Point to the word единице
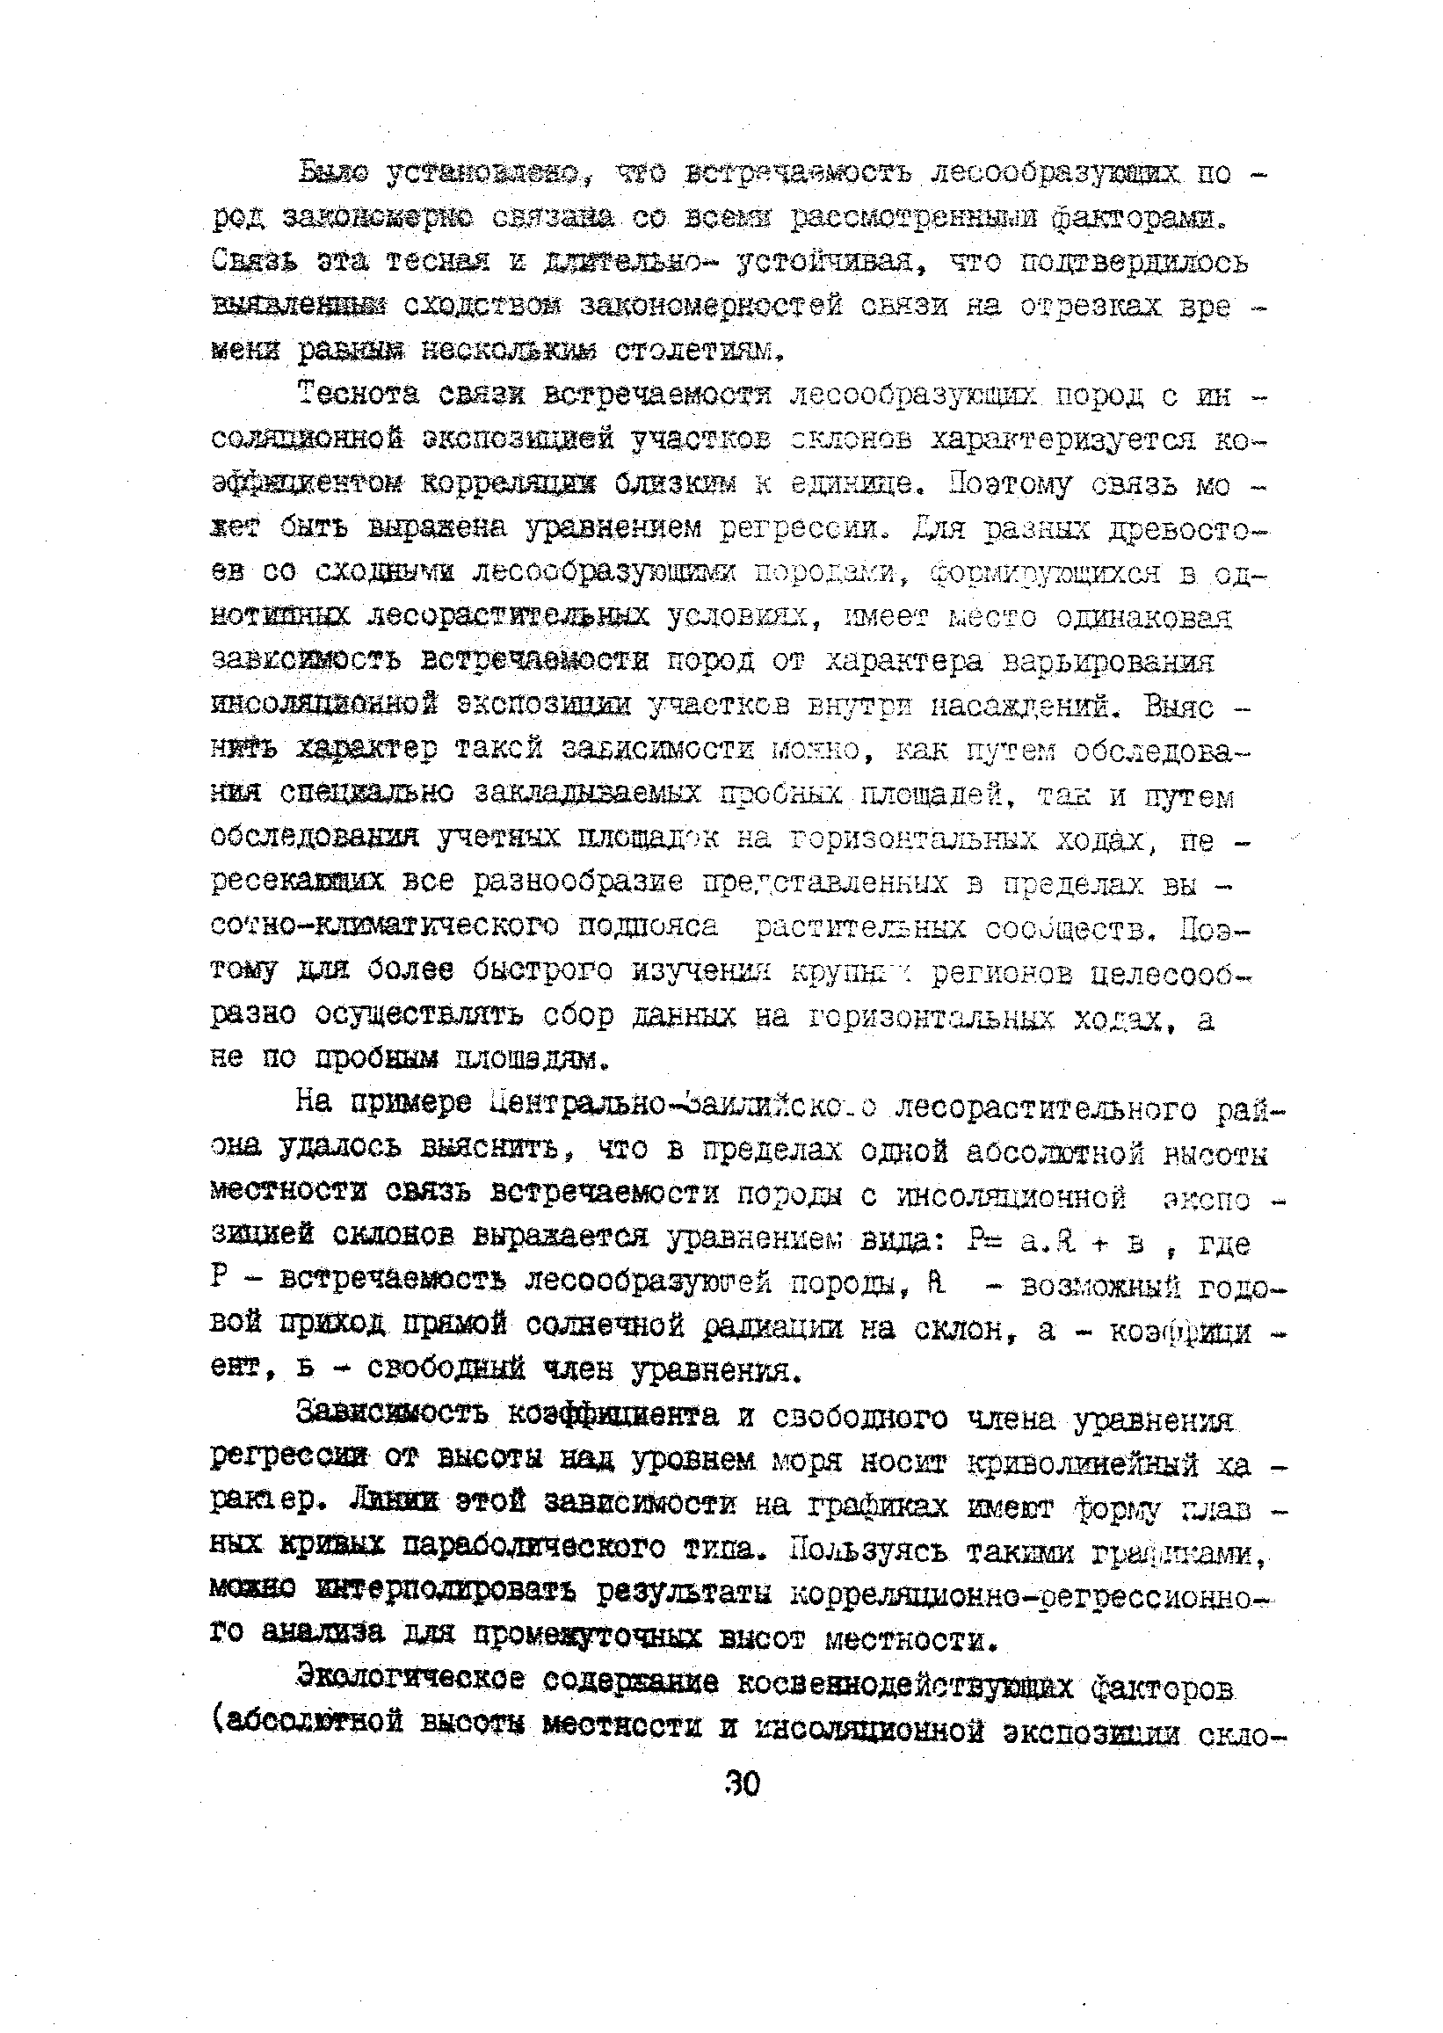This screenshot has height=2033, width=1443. pyautogui.click(x=843, y=484)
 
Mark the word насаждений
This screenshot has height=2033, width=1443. pyautogui.click(x=1023, y=708)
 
